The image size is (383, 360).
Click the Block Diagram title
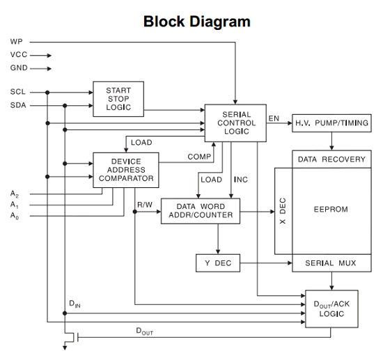[x=197, y=22]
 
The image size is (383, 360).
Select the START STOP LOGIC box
[x=118, y=99]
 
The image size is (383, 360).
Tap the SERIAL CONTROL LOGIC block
[x=235, y=123]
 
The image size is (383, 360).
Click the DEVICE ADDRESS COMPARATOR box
[x=126, y=170]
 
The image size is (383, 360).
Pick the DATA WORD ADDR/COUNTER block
[x=201, y=211]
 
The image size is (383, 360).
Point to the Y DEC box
[x=218, y=263]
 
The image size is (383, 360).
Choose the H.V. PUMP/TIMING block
[x=331, y=123]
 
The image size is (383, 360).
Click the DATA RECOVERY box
[x=331, y=159]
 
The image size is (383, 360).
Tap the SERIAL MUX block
[x=331, y=263]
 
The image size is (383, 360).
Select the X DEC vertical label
[x=282, y=211]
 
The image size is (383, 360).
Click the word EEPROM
[x=331, y=210]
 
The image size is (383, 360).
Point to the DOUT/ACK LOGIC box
[x=331, y=308]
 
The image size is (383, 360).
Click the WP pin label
[x=17, y=42]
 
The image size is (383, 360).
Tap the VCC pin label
[x=19, y=54]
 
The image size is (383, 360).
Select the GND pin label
[x=19, y=68]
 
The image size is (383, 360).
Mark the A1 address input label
[x=15, y=205]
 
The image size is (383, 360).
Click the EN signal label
[x=274, y=118]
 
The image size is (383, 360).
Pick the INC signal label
[x=241, y=180]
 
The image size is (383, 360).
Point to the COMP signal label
[x=199, y=157]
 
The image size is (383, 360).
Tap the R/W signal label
[x=145, y=205]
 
